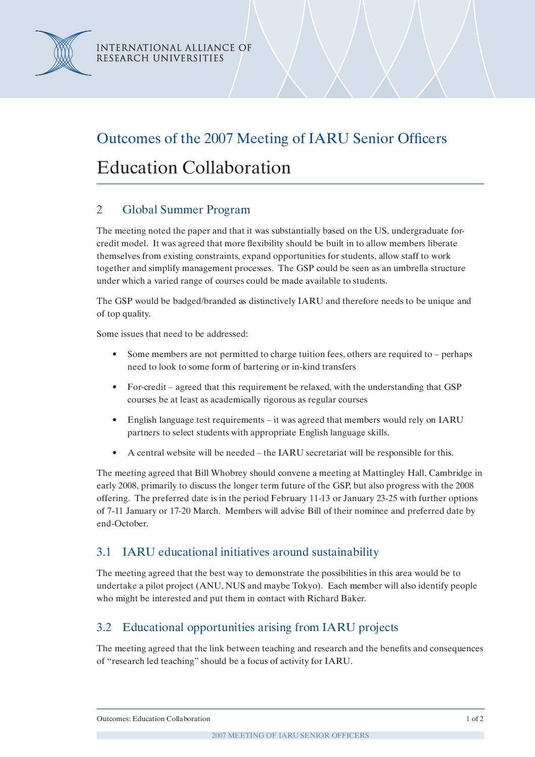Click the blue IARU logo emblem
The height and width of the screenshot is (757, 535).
(x=63, y=53)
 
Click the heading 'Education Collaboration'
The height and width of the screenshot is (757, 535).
(x=194, y=167)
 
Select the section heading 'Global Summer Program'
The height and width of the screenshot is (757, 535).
(x=186, y=209)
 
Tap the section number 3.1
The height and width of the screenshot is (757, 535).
(x=104, y=552)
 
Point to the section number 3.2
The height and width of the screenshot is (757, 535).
(x=104, y=627)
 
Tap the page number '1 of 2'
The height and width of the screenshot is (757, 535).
(x=474, y=719)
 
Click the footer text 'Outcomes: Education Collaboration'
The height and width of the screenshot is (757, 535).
(x=153, y=719)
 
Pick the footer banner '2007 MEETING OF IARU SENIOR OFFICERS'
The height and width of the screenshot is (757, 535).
(x=290, y=735)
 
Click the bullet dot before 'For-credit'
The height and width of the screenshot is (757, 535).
(x=115, y=387)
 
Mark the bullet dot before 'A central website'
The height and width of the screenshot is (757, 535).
(x=115, y=453)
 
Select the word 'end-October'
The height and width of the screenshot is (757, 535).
(x=122, y=523)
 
